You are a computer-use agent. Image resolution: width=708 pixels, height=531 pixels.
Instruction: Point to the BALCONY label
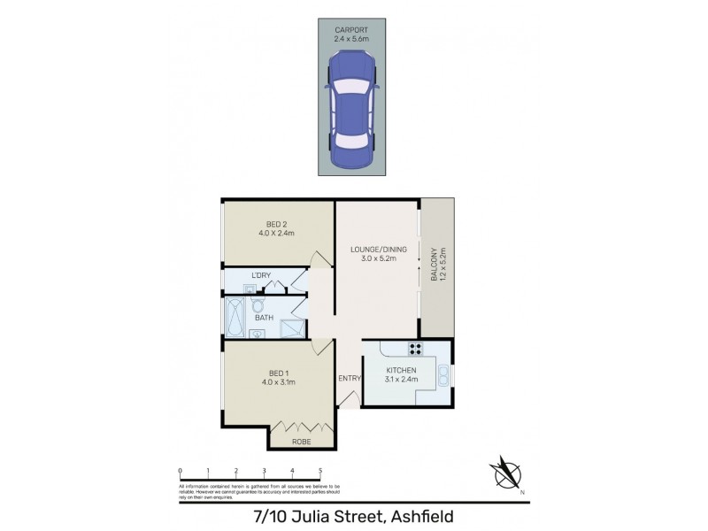[434, 264]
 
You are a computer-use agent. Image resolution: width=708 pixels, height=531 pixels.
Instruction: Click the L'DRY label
[261, 276]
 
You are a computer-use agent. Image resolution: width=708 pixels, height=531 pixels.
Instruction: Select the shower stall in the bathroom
[292, 328]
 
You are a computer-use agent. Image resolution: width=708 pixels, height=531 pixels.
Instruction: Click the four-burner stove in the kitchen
[412, 348]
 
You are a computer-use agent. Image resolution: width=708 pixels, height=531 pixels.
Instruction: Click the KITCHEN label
[401, 370]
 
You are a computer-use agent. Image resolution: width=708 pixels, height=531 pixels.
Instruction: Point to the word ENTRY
[350, 379]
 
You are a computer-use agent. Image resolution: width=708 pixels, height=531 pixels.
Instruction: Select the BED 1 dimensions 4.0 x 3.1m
[276, 382]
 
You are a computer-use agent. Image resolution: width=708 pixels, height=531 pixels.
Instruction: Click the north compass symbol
[507, 473]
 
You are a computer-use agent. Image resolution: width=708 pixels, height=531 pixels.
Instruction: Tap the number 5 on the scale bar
[320, 472]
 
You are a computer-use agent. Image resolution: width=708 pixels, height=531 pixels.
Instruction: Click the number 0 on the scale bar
[180, 472]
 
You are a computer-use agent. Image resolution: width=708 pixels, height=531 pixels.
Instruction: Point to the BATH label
[263, 318]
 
